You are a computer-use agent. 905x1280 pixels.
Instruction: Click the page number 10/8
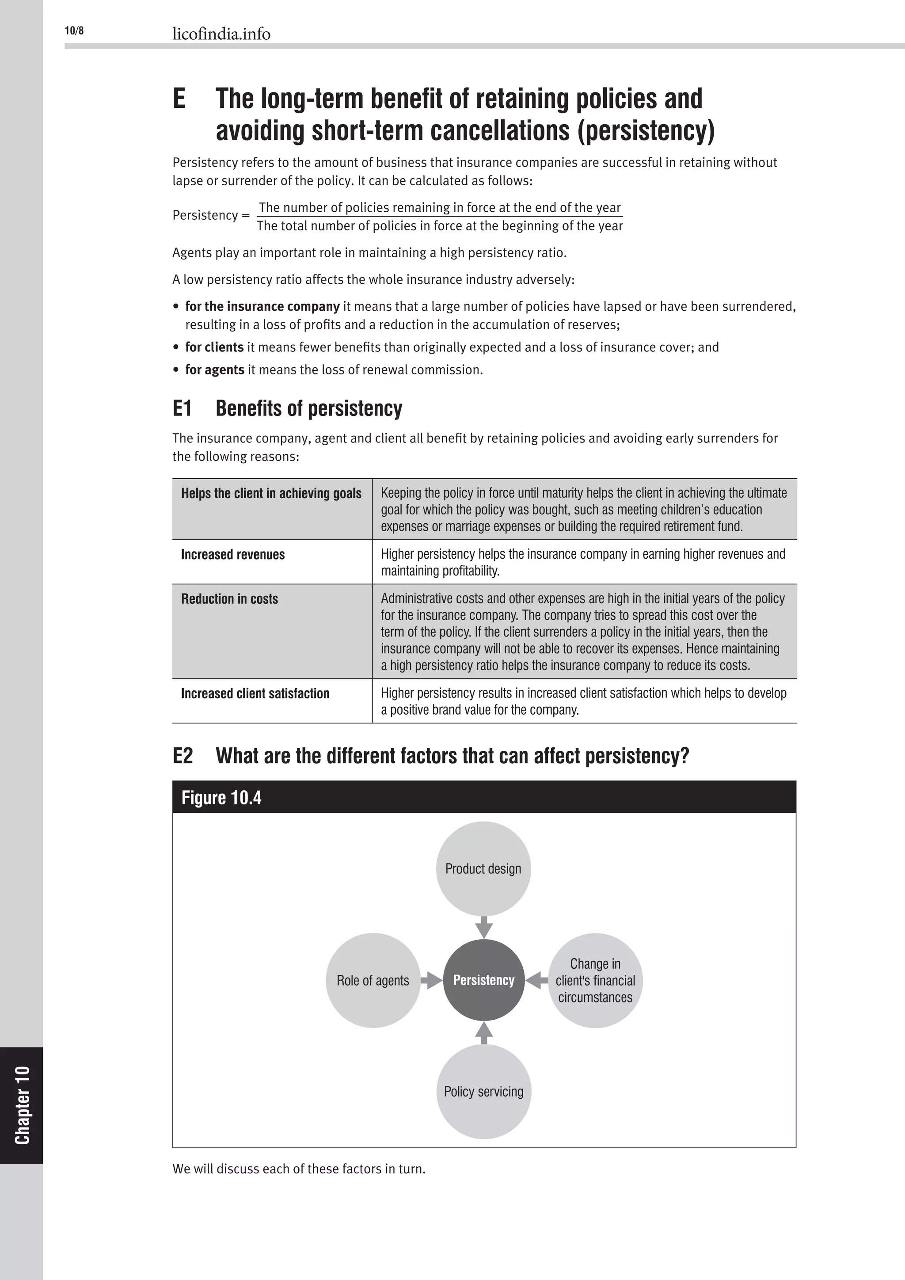(74, 30)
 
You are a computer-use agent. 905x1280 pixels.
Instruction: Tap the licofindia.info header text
(221, 34)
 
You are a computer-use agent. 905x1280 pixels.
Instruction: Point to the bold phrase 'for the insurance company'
(262, 307)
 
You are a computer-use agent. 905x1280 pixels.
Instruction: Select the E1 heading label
(182, 409)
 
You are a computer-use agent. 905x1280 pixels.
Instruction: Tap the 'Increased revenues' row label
(233, 555)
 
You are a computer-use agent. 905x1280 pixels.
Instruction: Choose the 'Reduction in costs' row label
(230, 599)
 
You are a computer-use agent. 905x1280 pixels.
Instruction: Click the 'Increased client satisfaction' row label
(255, 693)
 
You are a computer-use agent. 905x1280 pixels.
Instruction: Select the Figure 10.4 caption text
(221, 798)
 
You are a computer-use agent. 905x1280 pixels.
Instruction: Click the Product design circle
(483, 869)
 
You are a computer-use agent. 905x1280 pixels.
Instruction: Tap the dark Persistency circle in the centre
(483, 980)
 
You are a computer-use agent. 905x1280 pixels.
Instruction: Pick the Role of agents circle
(373, 980)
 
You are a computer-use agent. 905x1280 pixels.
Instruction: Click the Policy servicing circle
(483, 1092)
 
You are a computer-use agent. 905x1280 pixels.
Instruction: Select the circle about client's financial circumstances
(595, 980)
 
